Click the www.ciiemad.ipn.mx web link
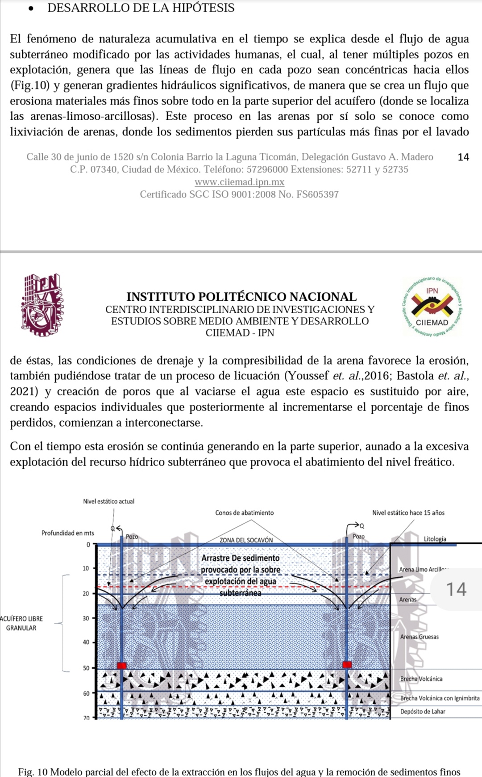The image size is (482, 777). pyautogui.click(x=239, y=182)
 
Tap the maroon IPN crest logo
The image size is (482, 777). pyautogui.click(x=42, y=305)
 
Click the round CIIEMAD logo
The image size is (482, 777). pyautogui.click(x=432, y=307)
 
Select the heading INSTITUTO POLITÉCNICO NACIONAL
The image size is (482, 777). pyautogui.click(x=241, y=297)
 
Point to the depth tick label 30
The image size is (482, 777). pyautogui.click(x=86, y=618)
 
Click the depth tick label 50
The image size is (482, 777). pyautogui.click(x=86, y=668)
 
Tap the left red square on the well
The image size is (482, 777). pyautogui.click(x=121, y=665)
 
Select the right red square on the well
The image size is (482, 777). pyautogui.click(x=347, y=664)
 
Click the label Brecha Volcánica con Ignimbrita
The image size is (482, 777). pyautogui.click(x=440, y=698)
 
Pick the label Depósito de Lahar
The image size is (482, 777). pyautogui.click(x=423, y=711)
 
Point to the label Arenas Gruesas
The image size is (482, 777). pyautogui.click(x=419, y=637)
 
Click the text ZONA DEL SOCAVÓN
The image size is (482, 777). pyautogui.click(x=246, y=540)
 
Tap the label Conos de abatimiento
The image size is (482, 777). pyautogui.click(x=244, y=513)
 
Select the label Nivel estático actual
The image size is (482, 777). pyautogui.click(x=108, y=501)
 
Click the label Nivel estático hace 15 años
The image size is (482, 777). pyautogui.click(x=408, y=513)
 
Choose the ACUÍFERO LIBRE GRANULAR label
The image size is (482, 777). pyautogui.click(x=21, y=623)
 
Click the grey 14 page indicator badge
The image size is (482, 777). pyautogui.click(x=456, y=589)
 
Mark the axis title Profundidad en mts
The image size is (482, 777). pyautogui.click(x=67, y=533)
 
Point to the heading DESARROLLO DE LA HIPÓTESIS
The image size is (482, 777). pyautogui.click(x=141, y=8)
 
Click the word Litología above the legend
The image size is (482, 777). pyautogui.click(x=435, y=539)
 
